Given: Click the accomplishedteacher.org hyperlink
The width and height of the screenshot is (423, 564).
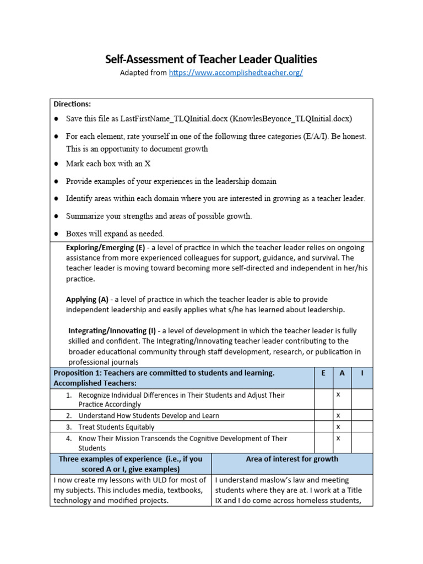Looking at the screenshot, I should click(x=236, y=73).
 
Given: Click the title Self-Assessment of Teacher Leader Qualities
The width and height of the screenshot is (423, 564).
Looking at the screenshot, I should click(x=211, y=59).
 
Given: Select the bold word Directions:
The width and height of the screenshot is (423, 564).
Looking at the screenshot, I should click(x=72, y=104).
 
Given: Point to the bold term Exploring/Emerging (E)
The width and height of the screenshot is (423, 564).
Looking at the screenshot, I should click(x=105, y=248).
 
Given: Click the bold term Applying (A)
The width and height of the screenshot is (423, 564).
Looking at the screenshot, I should click(x=87, y=300).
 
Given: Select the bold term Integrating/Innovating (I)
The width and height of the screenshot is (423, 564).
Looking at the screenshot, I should click(x=112, y=331).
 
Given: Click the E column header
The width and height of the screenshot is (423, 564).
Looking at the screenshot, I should click(x=323, y=373).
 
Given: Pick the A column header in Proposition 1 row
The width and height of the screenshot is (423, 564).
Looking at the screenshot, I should click(x=342, y=373).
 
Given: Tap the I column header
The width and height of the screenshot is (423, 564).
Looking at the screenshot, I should click(x=362, y=373).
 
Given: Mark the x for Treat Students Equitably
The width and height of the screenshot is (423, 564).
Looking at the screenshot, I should click(x=338, y=427).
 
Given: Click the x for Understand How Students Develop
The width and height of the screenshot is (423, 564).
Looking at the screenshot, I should click(x=338, y=415).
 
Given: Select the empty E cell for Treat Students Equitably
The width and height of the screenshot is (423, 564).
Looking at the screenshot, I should click(x=323, y=427).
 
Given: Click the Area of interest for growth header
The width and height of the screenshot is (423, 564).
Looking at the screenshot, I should click(x=292, y=459).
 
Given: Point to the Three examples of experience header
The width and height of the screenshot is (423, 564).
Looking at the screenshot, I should click(x=131, y=464).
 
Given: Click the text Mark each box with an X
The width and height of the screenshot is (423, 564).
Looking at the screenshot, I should click(x=108, y=164).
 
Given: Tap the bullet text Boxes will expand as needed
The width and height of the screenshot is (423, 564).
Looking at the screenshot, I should click(x=115, y=234).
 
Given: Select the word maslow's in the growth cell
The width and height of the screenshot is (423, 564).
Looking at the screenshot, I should click(x=269, y=480).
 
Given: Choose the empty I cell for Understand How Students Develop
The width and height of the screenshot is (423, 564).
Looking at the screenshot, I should click(x=362, y=415).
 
